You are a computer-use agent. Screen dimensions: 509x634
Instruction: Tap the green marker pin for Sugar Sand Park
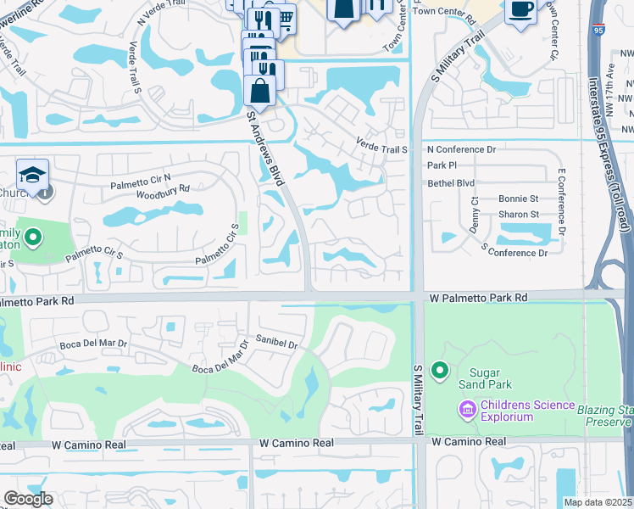[x=439, y=371]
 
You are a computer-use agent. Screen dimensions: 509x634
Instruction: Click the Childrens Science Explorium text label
[x=526, y=411]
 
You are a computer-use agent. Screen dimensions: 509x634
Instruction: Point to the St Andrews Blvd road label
[x=264, y=146]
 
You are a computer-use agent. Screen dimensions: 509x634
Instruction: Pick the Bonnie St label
[x=518, y=199]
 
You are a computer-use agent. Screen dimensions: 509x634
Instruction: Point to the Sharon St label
[x=518, y=215]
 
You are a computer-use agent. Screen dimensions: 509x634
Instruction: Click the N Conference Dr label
[x=460, y=149]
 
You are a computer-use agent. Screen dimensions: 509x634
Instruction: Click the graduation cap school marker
[x=32, y=175]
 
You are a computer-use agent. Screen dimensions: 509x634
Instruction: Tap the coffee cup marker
[x=520, y=10]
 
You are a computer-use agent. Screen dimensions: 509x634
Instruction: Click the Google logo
[x=28, y=499]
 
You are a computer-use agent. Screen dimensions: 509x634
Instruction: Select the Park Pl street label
[x=442, y=165]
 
